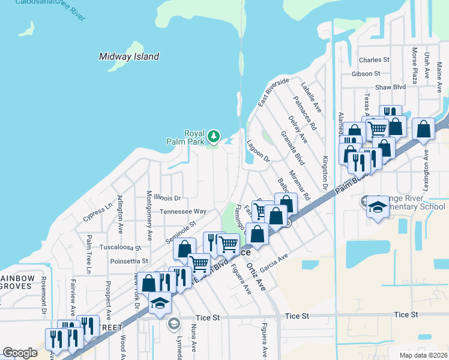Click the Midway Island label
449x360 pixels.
[129, 56]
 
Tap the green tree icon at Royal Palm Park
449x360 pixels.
[214, 137]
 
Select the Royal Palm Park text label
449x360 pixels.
[194, 137]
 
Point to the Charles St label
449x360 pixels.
[374, 60]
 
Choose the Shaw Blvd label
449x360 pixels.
[390, 87]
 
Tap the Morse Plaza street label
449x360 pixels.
[414, 65]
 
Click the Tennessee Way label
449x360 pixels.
[183, 212]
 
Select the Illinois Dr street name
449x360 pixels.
[167, 197]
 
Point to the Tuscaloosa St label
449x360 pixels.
[120, 247]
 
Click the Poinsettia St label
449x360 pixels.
[128, 261]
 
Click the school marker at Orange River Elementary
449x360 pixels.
[376, 207]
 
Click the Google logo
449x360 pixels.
[20, 353]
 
